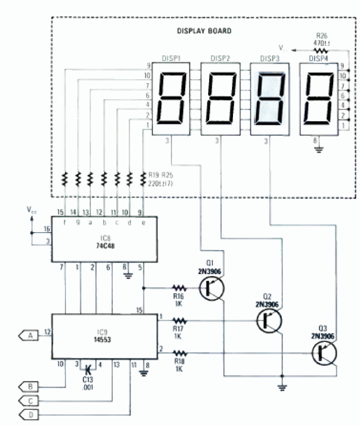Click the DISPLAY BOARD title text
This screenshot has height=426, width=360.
[x=204, y=31]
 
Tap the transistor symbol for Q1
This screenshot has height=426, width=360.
[x=210, y=288]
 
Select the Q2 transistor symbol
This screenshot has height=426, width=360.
[x=269, y=322]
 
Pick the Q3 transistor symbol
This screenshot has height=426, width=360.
[x=324, y=354]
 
